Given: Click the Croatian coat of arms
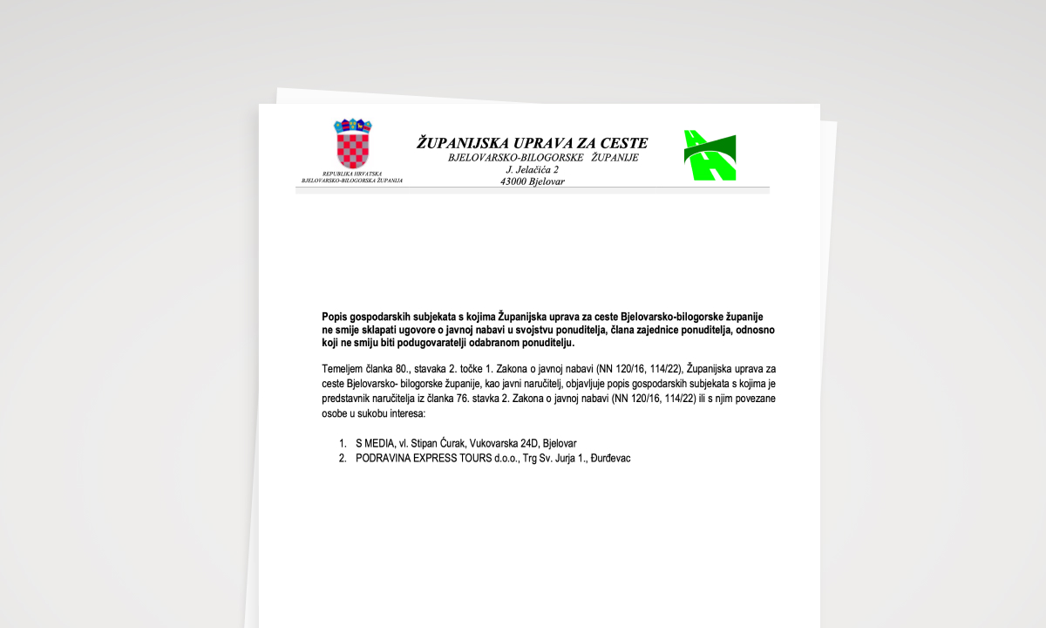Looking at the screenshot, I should click(x=353, y=144).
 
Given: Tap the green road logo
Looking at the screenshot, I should click(x=710, y=155).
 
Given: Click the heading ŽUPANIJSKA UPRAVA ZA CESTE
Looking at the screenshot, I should click(x=532, y=142).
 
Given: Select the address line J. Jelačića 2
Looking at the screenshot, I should click(x=532, y=169).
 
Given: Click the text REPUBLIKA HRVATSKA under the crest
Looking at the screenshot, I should click(x=352, y=174).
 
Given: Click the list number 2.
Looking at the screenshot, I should click(x=343, y=458).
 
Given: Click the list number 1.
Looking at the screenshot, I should click(x=343, y=443).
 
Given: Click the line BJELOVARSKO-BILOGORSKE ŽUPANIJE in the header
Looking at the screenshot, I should click(x=543, y=158).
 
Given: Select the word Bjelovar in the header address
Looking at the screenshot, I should click(x=547, y=181).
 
